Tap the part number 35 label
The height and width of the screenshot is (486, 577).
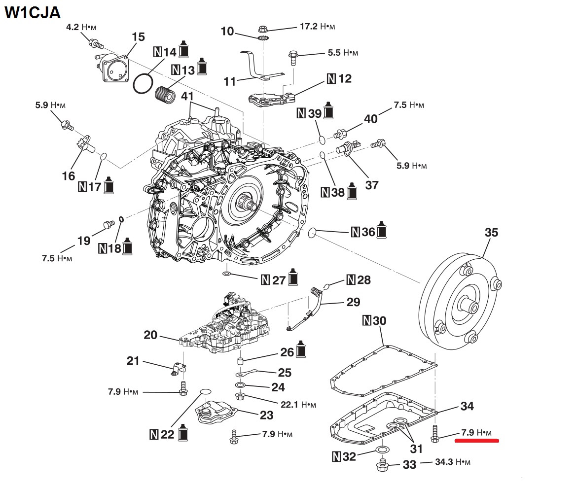click(x=491, y=233)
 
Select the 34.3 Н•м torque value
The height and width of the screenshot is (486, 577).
click(x=452, y=462)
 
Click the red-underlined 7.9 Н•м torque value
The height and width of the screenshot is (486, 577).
click(x=476, y=433)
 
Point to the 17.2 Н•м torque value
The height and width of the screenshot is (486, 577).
click(x=318, y=26)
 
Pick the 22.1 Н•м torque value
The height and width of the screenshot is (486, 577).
click(x=298, y=405)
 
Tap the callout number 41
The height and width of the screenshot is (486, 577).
click(x=187, y=96)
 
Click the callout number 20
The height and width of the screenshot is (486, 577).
click(x=150, y=336)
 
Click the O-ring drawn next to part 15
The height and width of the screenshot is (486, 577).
click(x=142, y=83)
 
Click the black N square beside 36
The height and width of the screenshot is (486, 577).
click(x=355, y=232)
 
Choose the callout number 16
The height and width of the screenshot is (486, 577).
click(x=69, y=175)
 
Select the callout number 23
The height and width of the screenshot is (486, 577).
click(x=266, y=416)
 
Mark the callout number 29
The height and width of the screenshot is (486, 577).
click(x=353, y=302)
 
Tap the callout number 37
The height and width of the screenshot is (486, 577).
click(x=371, y=185)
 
